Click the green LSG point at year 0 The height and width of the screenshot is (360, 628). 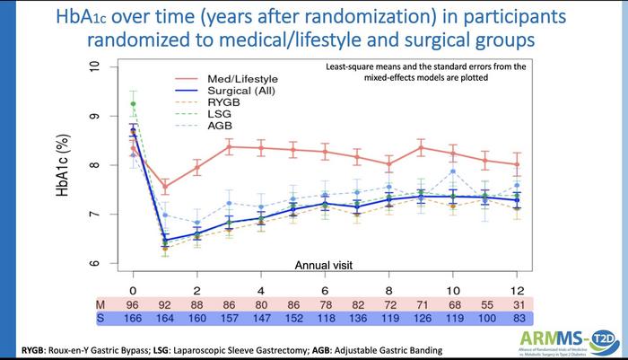click(133, 104)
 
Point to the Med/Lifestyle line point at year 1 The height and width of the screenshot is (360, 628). click(165, 187)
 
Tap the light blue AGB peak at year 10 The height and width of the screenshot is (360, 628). click(453, 171)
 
